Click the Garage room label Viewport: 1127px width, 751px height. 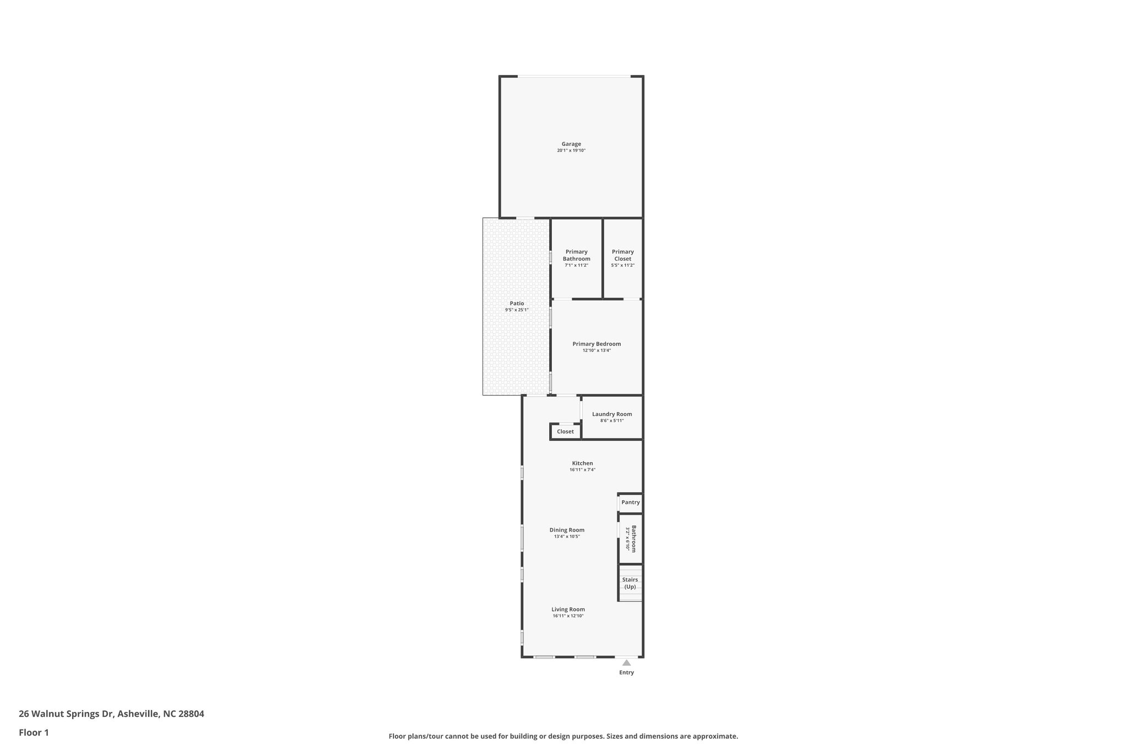[571, 144]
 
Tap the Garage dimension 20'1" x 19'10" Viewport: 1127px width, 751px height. [571, 151]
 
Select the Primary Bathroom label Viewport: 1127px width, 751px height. [576, 255]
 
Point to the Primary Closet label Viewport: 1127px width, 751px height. [622, 255]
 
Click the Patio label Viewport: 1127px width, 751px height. [517, 303]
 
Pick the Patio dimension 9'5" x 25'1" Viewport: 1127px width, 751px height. [517, 310]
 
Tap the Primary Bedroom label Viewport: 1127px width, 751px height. [597, 344]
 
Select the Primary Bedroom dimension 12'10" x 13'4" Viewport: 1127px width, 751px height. [597, 350]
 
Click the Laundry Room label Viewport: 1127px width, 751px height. [612, 414]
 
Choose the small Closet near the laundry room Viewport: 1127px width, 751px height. [565, 431]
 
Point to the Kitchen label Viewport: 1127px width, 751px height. [582, 463]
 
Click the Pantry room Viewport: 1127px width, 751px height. [631, 502]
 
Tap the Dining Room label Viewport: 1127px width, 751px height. [567, 530]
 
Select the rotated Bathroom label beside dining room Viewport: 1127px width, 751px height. [633, 539]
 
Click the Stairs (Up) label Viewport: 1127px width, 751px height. [630, 583]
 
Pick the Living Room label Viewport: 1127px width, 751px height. [568, 609]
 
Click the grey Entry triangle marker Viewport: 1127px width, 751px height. [626, 663]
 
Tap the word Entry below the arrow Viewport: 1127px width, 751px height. [626, 672]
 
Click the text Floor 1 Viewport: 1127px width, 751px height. [34, 732]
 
